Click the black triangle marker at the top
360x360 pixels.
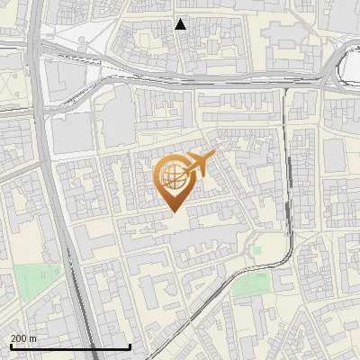(x=181, y=24)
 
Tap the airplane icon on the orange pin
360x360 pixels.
(x=201, y=163)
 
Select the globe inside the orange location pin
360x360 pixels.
(x=173, y=176)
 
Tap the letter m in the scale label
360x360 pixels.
(x=33, y=338)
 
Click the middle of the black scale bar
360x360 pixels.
(x=70, y=346)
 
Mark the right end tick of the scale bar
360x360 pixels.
(x=130, y=346)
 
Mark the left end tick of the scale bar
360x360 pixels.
(x=10, y=346)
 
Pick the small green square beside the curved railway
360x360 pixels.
(x=256, y=251)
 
